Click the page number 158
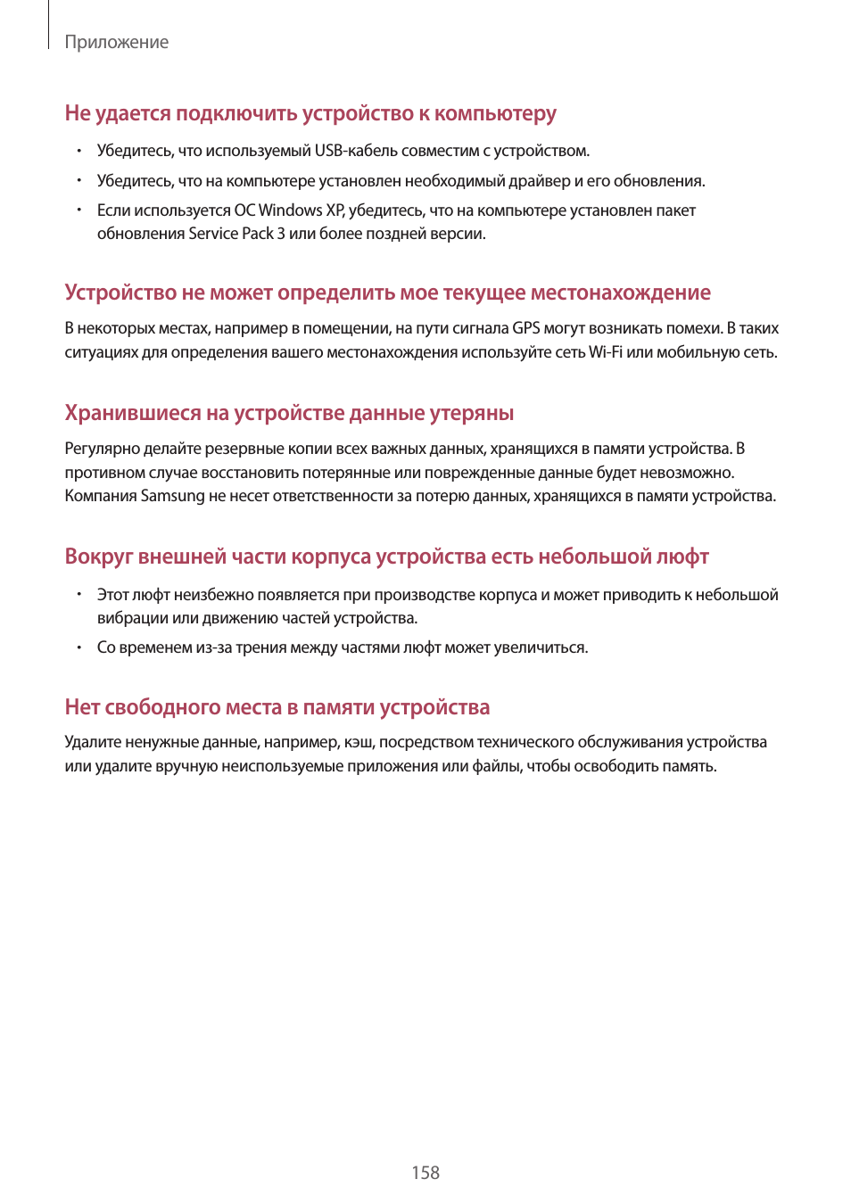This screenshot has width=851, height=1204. pyautogui.click(x=425, y=1173)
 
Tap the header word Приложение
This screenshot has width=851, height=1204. pyautogui.click(x=117, y=42)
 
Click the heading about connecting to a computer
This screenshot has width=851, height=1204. pyautogui.click(x=310, y=113)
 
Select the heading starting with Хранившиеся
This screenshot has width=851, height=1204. pyautogui.click(x=289, y=413)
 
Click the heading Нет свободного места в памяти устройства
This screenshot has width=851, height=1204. pyautogui.click(x=277, y=707)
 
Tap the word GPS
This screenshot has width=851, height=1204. pyautogui.click(x=526, y=328)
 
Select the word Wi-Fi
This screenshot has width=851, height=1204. pyautogui.click(x=606, y=352)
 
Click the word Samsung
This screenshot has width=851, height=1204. pyautogui.click(x=172, y=496)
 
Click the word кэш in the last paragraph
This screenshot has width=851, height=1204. pyautogui.click(x=359, y=742)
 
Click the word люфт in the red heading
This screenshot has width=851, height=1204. pyautogui.click(x=682, y=557)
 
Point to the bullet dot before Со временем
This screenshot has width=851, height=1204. pyautogui.click(x=78, y=647)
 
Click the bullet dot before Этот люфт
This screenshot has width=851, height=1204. pyautogui.click(x=78, y=594)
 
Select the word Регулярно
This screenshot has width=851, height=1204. pyautogui.click(x=102, y=449)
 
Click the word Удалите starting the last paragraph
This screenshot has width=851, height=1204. pyautogui.click(x=93, y=742)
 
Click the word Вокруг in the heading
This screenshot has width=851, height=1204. pyautogui.click(x=98, y=557)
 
